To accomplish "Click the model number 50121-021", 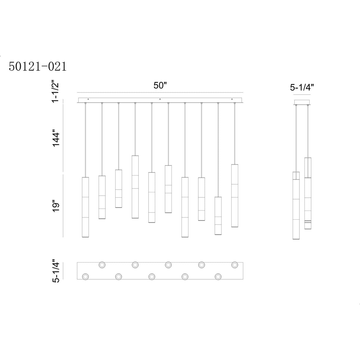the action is point(37,67).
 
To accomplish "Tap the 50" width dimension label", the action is point(160,85).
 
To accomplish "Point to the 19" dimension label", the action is point(56,206).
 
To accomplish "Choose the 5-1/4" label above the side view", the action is point(302,87).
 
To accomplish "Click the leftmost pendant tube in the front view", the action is point(85,207).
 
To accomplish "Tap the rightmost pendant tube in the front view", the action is point(235,196).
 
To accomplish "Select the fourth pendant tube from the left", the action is point(135,187).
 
